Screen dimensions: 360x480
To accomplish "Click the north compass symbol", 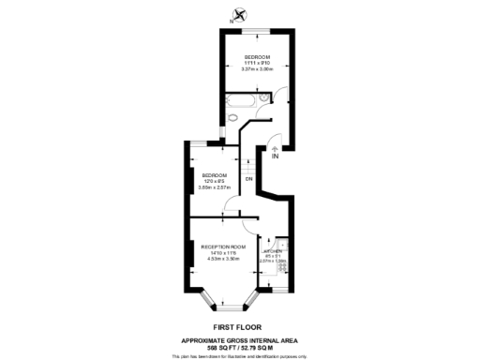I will [241, 14].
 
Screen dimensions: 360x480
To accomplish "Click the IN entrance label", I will [275, 156].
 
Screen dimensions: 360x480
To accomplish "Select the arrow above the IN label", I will [275, 146].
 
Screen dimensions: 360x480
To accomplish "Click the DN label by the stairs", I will [248, 178].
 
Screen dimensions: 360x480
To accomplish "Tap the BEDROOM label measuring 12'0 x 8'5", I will [214, 175].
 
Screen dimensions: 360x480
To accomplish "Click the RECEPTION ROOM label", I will [223, 246].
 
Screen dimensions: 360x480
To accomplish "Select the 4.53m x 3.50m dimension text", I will [223, 258].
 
